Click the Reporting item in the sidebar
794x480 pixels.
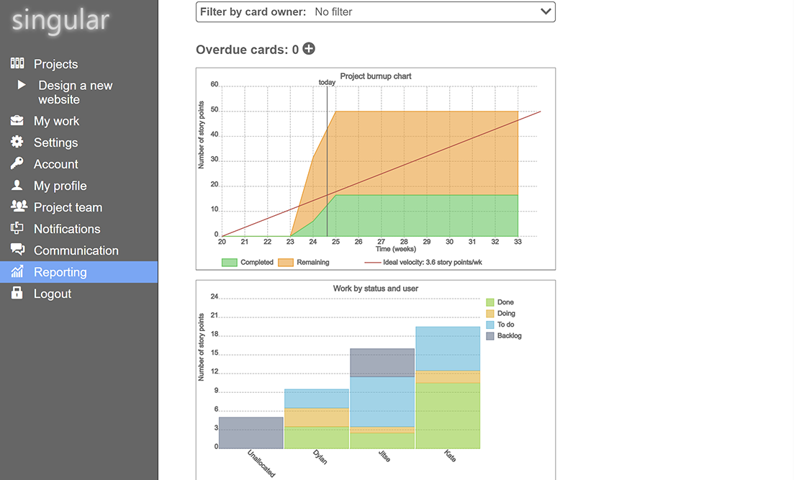[x=60, y=272]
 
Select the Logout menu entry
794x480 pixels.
[x=52, y=294]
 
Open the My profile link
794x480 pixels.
[x=60, y=186]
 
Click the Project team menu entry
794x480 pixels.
[x=68, y=207]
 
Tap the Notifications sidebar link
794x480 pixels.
[x=67, y=229]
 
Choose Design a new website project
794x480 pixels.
[x=75, y=92]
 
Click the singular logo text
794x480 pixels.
[x=60, y=21]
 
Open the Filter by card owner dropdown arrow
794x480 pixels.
[x=546, y=12]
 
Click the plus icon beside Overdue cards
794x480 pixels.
[x=309, y=49]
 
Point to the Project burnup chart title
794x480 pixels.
[x=376, y=76]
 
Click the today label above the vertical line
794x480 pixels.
[x=327, y=82]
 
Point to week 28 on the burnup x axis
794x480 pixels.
[x=404, y=242]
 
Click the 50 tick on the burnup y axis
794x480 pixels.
[x=214, y=111]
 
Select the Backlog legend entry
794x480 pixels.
[x=509, y=336]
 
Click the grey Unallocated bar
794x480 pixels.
[x=251, y=433]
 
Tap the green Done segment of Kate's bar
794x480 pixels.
[x=447, y=415]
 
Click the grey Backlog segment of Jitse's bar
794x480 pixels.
[x=382, y=363]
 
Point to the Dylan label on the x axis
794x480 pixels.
[x=320, y=457]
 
